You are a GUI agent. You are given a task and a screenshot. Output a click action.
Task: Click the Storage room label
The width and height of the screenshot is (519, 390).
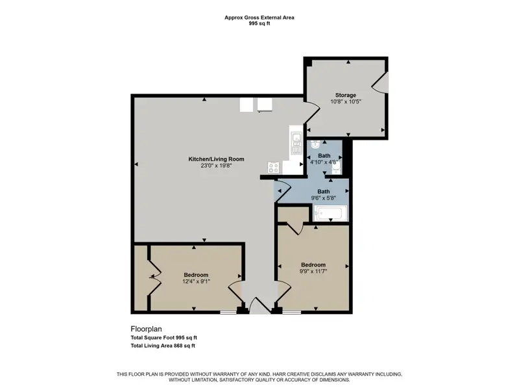(346, 95)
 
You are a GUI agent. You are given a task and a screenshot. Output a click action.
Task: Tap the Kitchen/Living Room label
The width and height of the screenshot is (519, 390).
(216, 159)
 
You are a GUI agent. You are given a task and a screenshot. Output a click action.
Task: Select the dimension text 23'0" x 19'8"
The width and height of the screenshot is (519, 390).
(216, 166)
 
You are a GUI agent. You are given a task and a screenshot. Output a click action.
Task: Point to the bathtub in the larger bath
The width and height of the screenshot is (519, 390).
(330, 213)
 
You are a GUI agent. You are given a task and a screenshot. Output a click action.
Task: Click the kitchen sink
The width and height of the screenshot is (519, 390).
(296, 143)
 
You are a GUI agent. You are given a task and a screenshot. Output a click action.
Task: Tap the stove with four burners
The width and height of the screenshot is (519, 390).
(274, 168)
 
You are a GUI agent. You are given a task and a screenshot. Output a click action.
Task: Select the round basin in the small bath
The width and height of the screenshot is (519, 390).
(315, 144)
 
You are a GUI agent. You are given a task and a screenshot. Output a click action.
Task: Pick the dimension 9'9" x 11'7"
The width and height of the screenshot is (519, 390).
(313, 271)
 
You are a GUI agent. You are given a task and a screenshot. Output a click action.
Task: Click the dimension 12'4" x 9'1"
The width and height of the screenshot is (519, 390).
(197, 281)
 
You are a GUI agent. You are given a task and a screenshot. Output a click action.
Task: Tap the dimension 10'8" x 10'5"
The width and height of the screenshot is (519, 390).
(346, 101)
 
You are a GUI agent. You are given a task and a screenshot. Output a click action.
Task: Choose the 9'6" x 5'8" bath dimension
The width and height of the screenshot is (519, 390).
(323, 198)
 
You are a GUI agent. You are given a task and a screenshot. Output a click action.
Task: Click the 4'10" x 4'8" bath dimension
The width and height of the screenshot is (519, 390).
(324, 162)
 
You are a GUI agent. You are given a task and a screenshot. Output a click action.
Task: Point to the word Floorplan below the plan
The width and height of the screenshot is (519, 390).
(147, 329)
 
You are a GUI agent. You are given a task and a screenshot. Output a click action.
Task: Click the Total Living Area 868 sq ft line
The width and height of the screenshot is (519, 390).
(163, 346)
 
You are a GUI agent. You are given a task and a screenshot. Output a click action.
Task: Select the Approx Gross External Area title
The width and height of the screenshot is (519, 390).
(259, 18)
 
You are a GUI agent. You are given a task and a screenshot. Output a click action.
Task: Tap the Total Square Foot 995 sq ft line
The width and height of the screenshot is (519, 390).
(164, 337)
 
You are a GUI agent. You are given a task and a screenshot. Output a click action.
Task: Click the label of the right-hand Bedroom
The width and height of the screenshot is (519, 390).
(313, 265)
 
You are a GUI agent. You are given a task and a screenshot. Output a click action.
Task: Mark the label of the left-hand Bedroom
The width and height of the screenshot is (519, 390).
(197, 275)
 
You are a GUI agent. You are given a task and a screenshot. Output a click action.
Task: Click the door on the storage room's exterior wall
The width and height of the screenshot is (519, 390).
(380, 83)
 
